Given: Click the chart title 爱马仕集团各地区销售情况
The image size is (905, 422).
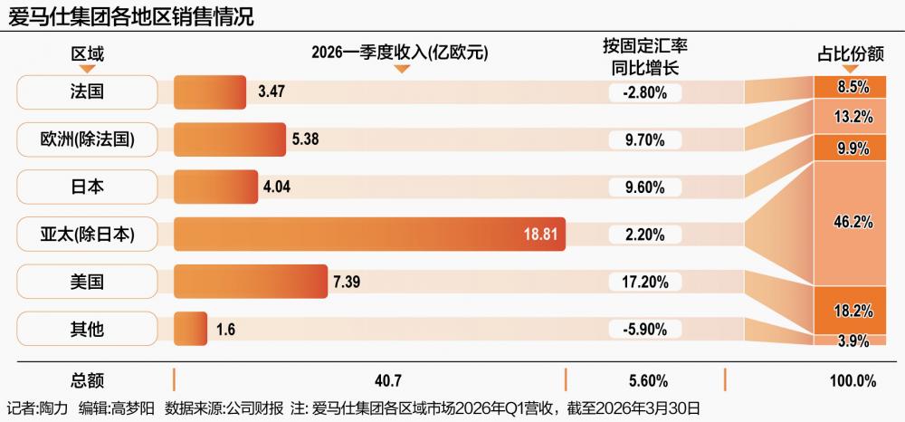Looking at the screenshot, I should [x=130, y=16].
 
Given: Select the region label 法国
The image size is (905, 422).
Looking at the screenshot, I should [x=87, y=91].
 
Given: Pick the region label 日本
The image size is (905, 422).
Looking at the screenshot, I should [x=87, y=187].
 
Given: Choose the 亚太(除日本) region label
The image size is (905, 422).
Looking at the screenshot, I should [x=87, y=234].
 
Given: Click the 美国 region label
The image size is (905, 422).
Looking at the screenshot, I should [x=87, y=282].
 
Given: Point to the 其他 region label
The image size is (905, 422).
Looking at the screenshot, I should [x=87, y=329].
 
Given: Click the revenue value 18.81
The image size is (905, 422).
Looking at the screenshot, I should [x=540, y=235].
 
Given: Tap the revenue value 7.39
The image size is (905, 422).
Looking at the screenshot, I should [x=347, y=282].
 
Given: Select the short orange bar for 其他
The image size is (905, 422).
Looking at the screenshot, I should [x=190, y=329].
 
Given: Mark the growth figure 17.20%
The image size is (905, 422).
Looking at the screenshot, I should [x=644, y=282].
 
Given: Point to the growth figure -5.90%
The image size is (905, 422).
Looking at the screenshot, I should [x=644, y=329].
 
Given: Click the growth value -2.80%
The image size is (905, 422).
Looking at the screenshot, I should [x=644, y=91].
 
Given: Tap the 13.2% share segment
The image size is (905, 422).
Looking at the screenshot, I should [x=854, y=116].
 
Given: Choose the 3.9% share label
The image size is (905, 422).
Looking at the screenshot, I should [x=854, y=341].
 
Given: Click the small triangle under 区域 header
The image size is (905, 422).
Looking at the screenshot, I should [x=87, y=69].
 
